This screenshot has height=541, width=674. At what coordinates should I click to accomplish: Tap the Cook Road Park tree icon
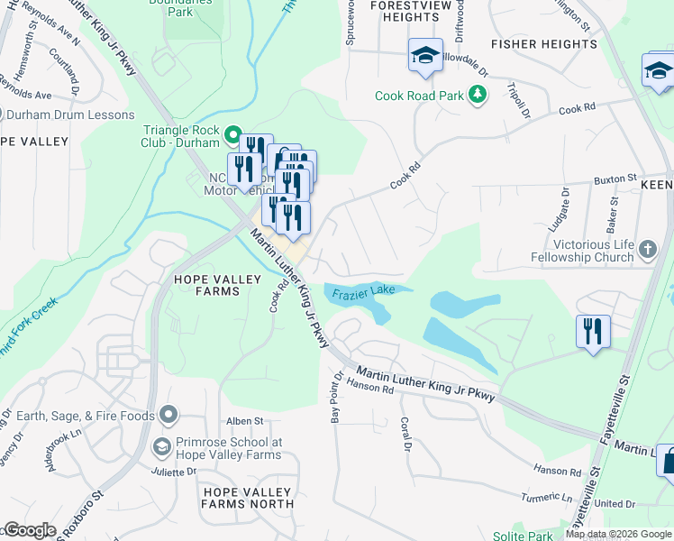[478, 95]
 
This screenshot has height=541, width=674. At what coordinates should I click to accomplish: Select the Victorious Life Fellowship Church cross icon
[647, 248]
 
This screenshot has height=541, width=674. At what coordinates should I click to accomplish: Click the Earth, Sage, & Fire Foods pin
[168, 415]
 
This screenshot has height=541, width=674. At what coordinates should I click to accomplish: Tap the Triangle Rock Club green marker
[232, 136]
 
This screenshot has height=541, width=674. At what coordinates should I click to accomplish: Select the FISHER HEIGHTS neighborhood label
[543, 43]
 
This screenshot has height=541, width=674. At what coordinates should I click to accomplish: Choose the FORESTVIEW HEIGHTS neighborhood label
[405, 11]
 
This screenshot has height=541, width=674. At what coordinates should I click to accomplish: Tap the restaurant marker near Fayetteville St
[593, 331]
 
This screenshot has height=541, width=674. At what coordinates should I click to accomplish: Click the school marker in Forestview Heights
[425, 56]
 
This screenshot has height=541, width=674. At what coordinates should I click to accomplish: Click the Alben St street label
[244, 421]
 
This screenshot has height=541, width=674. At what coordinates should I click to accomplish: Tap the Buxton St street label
[615, 179]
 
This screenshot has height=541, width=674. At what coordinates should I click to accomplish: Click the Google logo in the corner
[29, 530]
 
